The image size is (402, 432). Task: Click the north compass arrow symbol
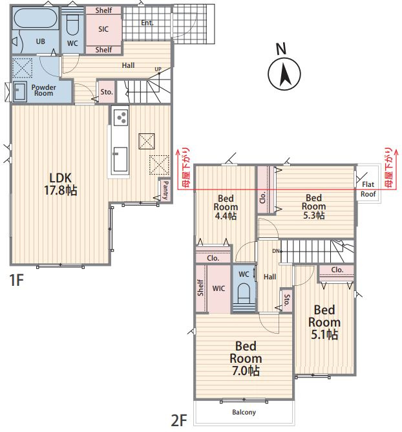coord(284,74)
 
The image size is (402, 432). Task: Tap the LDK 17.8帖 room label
coord(61,184)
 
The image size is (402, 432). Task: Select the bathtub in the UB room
coord(36,18)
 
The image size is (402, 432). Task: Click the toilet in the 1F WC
coord(72,24)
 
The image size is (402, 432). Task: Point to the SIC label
coord(103,29)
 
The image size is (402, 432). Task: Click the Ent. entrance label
coord(147,23)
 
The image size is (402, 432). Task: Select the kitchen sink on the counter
coord(120,159)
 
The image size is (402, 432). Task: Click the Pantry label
coord(165,190)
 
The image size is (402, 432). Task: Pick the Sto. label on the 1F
coord(107,92)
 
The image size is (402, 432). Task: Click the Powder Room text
coord(43,90)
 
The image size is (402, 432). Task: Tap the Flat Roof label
coord(368,189)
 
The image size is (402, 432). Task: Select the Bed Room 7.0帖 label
coord(246,358)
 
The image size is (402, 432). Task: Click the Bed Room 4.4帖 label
coord(226,207)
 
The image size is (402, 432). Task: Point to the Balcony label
coord(244,412)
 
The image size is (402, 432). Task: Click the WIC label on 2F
coord(218,288)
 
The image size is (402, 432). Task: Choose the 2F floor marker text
coord(179,420)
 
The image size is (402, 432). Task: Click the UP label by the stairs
coord(158,69)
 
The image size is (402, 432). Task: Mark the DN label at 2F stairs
coord(276,251)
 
